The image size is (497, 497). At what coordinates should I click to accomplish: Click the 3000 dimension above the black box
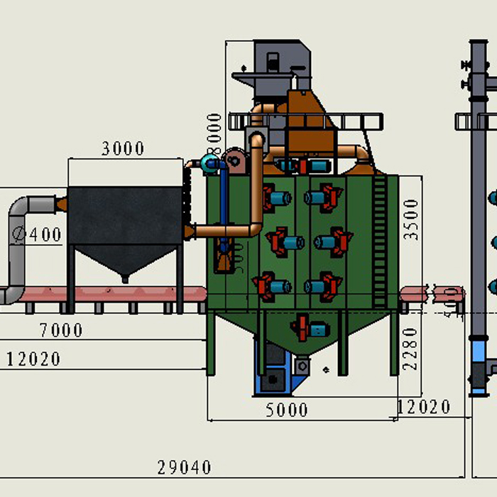point(123,148)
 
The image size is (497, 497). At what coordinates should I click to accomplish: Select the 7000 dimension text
point(61,330)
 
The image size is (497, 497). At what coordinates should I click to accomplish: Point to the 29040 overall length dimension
point(185,467)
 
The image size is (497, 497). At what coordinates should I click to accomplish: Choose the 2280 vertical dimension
point(411,349)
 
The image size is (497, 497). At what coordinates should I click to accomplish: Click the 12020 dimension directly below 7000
point(34,359)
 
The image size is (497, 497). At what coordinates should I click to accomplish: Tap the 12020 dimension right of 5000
point(424,407)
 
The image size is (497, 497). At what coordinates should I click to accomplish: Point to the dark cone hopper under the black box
point(125,260)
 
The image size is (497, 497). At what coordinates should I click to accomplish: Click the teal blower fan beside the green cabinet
point(211,164)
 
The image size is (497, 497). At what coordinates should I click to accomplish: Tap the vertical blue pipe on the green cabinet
point(224,206)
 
